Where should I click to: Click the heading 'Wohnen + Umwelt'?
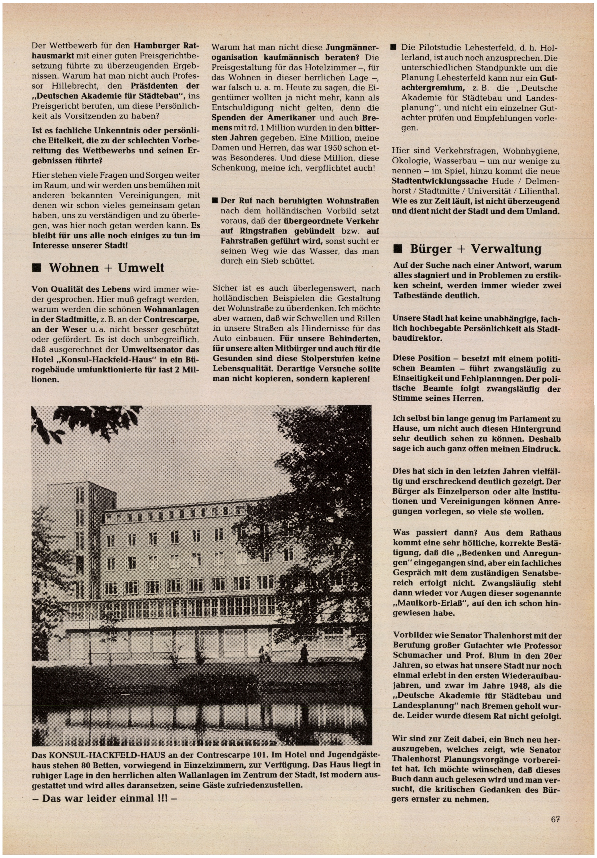pyautogui.click(x=107, y=268)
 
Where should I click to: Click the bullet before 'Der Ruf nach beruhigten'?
pyautogui.click(x=215, y=201)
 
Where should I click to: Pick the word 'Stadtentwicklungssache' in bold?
pyautogui.click(x=440, y=181)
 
